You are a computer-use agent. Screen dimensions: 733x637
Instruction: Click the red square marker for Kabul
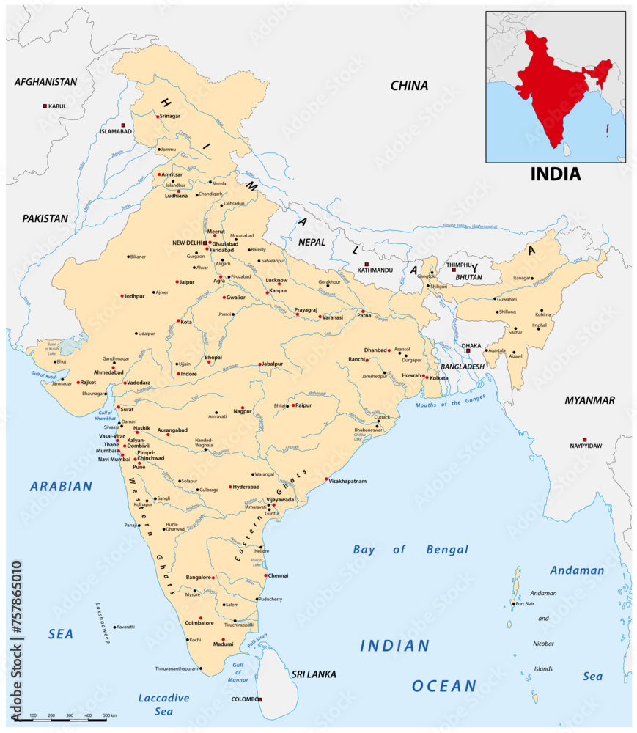point(45,106)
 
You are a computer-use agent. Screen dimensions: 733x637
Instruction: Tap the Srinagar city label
point(170,116)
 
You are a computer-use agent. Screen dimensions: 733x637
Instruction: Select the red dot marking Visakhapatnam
point(327,479)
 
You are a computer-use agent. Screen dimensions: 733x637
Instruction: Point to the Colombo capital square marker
point(260,699)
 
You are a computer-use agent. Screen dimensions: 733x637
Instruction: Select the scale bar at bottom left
point(66,721)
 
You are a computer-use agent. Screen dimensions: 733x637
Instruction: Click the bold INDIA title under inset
point(555,174)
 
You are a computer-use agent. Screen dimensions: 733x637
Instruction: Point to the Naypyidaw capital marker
point(584,439)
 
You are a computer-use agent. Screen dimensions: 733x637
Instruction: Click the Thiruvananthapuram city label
point(177,668)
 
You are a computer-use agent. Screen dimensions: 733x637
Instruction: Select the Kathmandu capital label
point(375,270)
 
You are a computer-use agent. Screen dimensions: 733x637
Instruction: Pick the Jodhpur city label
point(136,296)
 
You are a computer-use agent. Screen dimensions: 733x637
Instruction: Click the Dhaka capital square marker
point(468,351)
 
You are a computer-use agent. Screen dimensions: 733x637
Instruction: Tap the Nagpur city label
point(243,412)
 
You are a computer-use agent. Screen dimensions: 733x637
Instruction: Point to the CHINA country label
point(409,86)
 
